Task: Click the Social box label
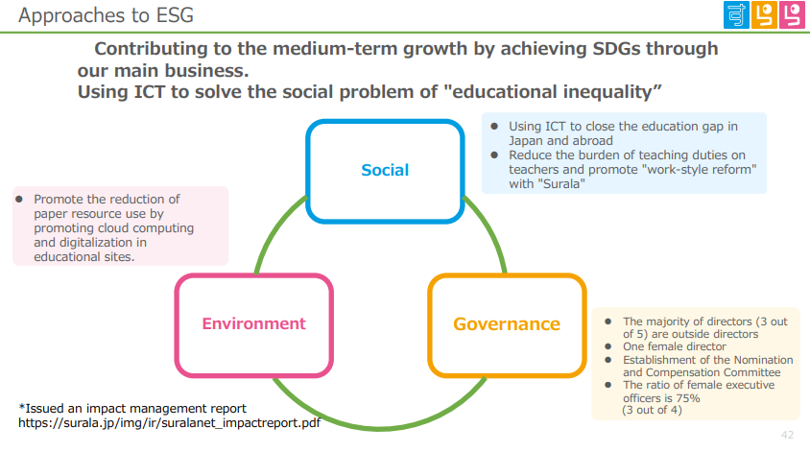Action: pyautogui.click(x=385, y=170)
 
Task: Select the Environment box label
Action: pyautogui.click(x=253, y=323)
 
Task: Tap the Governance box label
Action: pyautogui.click(x=507, y=324)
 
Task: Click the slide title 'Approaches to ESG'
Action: pyautogui.click(x=106, y=15)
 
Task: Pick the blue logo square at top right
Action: pyautogui.click(x=736, y=15)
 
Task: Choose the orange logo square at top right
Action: pyautogui.click(x=764, y=15)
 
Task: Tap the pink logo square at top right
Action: pyautogui.click(x=792, y=15)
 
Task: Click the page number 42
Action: pyautogui.click(x=787, y=435)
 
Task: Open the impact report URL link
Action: pyautogui.click(x=170, y=423)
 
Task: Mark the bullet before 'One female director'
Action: pyautogui.click(x=608, y=346)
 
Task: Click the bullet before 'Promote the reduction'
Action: pyautogui.click(x=19, y=200)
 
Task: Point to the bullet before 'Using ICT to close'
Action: pyautogui.click(x=494, y=126)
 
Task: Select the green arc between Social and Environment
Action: pyautogui.click(x=277, y=231)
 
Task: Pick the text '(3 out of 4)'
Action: pyautogui.click(x=652, y=410)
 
